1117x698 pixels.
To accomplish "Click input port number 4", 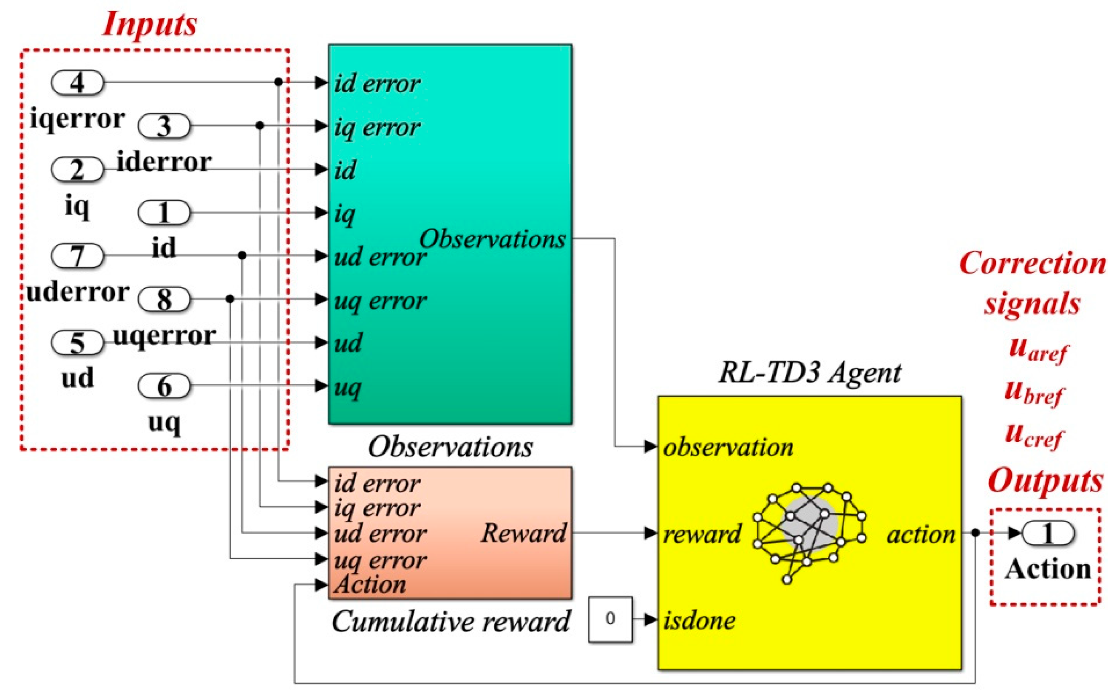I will tap(77, 83).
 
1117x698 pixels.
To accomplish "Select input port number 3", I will tap(164, 126).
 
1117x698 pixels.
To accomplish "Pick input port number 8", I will tap(164, 299).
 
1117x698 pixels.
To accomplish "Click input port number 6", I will tap(164, 386).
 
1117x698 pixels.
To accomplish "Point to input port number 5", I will tap(77, 343).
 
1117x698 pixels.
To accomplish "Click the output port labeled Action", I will tap(1048, 534).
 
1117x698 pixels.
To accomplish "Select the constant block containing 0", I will tap(610, 619).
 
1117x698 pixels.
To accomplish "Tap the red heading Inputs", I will tap(150, 24).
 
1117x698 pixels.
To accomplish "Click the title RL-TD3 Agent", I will tap(809, 373).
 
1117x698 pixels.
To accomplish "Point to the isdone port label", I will tap(699, 620).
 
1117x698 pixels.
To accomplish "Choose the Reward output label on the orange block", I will tap(523, 534).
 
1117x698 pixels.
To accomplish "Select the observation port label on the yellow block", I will tap(728, 447).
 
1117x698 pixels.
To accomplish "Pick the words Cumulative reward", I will tap(451, 622).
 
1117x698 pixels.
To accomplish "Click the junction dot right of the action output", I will tap(975, 533).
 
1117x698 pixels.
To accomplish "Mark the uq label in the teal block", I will tap(348, 387).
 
